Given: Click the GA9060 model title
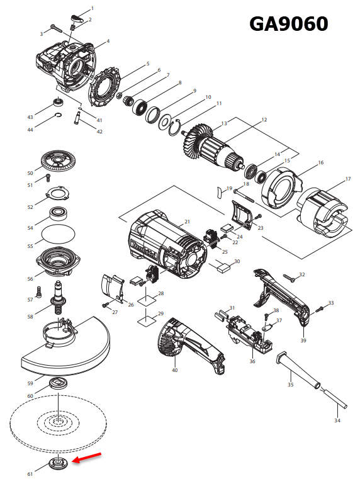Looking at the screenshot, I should (289, 23).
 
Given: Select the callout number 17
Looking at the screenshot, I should (347, 179).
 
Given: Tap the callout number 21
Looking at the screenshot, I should (187, 222).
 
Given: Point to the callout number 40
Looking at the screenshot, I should (174, 370).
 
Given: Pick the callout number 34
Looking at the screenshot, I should (337, 420).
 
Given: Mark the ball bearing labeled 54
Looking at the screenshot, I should (60, 212).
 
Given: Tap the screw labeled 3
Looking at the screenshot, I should (55, 28).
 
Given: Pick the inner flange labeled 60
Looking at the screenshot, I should (60, 383).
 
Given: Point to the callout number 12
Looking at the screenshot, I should (264, 120).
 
